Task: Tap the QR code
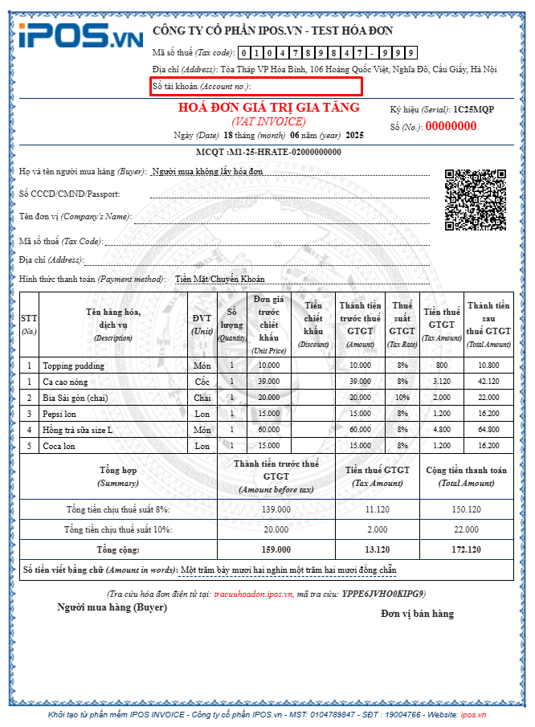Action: [475, 198]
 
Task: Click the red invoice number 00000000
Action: [451, 126]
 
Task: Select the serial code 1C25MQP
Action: [474, 108]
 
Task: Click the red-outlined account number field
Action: [256, 85]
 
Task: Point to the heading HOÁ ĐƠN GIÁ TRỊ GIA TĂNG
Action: [268, 108]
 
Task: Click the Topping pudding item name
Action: [74, 366]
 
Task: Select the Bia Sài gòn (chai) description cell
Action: [78, 398]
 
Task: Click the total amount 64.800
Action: [489, 430]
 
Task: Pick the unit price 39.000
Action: [269, 382]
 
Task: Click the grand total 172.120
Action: [466, 549]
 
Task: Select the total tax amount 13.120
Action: [377, 549]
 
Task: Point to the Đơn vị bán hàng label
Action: [417, 614]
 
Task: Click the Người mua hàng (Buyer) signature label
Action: [112, 607]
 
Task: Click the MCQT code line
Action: [267, 153]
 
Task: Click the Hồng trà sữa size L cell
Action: [78, 430]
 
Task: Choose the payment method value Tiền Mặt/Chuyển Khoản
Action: [219, 280]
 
